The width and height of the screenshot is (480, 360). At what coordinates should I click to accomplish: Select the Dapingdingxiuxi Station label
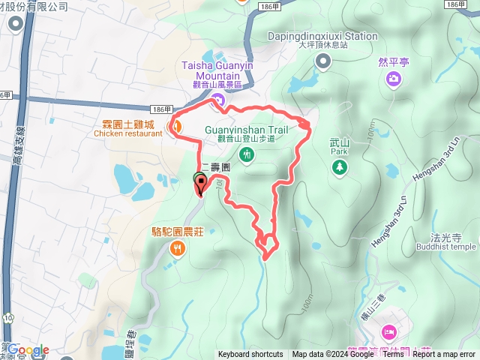click(322, 35)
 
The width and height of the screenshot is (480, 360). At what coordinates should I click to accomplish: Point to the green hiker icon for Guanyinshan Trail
click(247, 154)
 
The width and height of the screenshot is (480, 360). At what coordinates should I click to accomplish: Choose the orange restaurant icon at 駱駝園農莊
click(177, 247)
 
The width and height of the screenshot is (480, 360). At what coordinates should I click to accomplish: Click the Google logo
click(28, 349)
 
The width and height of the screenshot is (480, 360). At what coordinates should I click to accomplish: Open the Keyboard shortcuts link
click(250, 355)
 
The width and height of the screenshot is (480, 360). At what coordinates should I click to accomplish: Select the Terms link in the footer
click(393, 355)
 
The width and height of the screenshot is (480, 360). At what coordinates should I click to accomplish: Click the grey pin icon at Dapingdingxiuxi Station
click(322, 62)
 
